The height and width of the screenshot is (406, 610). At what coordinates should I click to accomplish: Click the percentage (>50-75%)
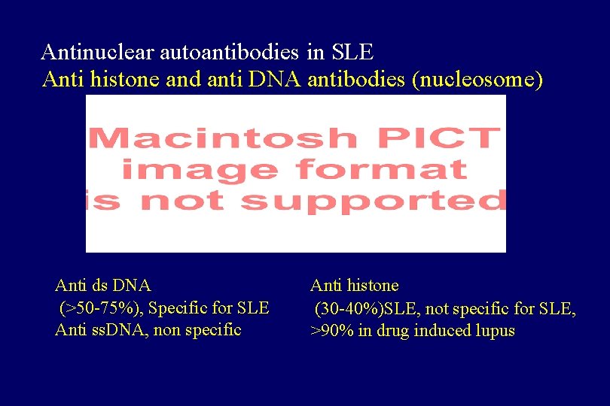[x=97, y=308]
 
